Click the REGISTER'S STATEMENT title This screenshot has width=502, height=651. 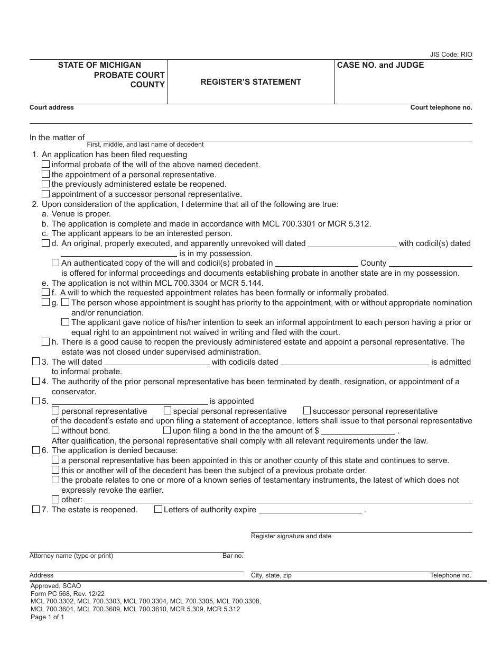(x=250, y=82)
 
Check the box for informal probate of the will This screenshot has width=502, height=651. (x=46, y=165)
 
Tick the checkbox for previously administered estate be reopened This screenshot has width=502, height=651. (x=46, y=184)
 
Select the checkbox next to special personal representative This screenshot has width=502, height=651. (x=168, y=411)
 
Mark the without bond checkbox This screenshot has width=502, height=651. (x=55, y=430)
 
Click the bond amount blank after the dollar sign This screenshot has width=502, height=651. (x=358, y=431)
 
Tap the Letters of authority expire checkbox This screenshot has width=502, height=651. (x=158, y=509)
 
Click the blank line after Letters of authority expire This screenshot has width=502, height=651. (x=310, y=510)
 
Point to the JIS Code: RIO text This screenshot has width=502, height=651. (x=451, y=55)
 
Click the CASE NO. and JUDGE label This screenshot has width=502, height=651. (x=380, y=65)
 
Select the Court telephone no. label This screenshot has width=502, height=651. (x=441, y=107)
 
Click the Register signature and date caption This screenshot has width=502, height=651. (x=291, y=536)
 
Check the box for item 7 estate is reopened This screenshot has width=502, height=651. (x=36, y=509)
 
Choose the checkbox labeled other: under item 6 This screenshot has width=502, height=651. (x=55, y=499)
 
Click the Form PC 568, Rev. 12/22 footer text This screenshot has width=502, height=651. (x=61, y=594)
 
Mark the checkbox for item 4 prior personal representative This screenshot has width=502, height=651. (x=36, y=381)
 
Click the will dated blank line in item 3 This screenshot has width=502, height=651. (x=156, y=363)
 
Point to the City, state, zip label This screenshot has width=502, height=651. (x=271, y=575)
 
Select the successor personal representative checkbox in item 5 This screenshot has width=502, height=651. (x=307, y=411)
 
